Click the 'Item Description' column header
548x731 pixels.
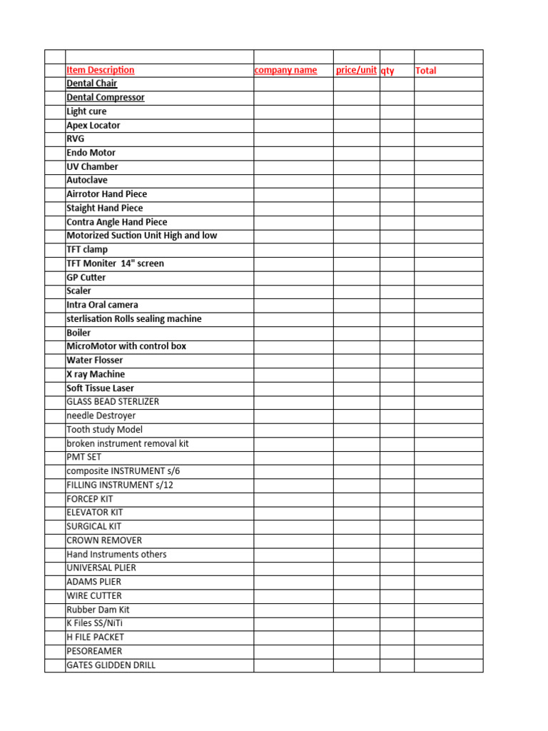point(100,70)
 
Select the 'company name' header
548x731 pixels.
point(285,70)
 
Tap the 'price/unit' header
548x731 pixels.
point(356,70)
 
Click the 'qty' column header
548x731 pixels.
point(387,71)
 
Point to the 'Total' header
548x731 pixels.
point(425,71)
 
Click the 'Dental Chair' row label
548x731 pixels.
point(91,84)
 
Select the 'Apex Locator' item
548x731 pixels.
point(93,125)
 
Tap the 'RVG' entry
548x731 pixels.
point(75,138)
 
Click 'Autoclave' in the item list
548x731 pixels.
point(86,180)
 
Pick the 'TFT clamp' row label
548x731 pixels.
point(86,249)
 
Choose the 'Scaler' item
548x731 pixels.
point(78,291)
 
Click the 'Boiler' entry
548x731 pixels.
point(78,333)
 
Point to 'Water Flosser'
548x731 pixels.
point(94,360)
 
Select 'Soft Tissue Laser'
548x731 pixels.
point(100,388)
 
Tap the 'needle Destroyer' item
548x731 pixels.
point(101,415)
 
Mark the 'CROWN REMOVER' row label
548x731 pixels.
point(103,540)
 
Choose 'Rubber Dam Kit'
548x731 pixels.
point(98,610)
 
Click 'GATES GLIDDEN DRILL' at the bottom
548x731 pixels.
point(111,665)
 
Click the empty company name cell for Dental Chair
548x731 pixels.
point(293,84)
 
